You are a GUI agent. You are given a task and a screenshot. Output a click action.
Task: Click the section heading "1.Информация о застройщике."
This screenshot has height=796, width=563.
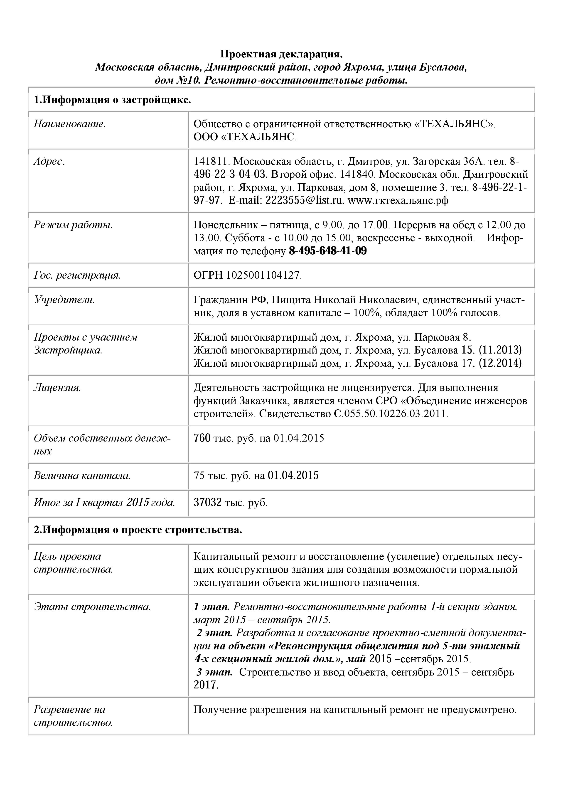point(112,100)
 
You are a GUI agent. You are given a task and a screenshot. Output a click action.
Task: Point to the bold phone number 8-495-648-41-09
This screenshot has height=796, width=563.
point(328,251)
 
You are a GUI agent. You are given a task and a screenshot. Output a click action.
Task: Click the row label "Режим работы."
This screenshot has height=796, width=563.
point(73,225)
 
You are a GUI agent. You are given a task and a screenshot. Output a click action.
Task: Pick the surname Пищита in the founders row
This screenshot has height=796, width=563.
point(295,300)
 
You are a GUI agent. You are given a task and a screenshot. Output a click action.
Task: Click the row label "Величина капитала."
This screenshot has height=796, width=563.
point(82,475)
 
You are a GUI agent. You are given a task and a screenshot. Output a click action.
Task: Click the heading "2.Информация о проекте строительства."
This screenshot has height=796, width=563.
point(138,530)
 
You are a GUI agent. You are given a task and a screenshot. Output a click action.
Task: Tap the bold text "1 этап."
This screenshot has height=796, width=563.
point(211,607)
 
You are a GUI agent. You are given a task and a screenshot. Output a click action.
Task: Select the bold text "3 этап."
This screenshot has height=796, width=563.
point(214,672)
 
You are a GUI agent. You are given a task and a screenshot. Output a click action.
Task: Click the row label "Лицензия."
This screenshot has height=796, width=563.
point(57,388)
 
